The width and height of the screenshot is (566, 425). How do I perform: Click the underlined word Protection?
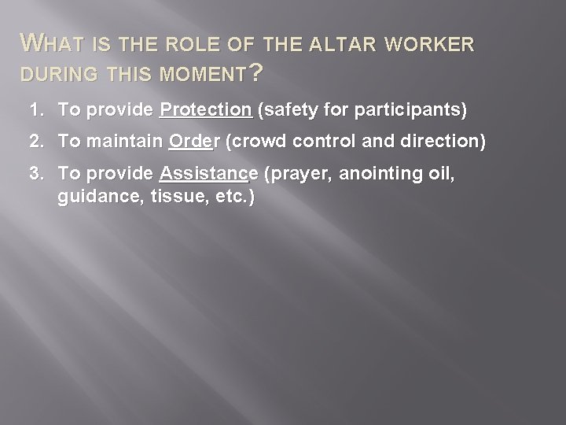[x=205, y=111]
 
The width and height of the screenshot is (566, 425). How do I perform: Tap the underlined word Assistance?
[x=208, y=175]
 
